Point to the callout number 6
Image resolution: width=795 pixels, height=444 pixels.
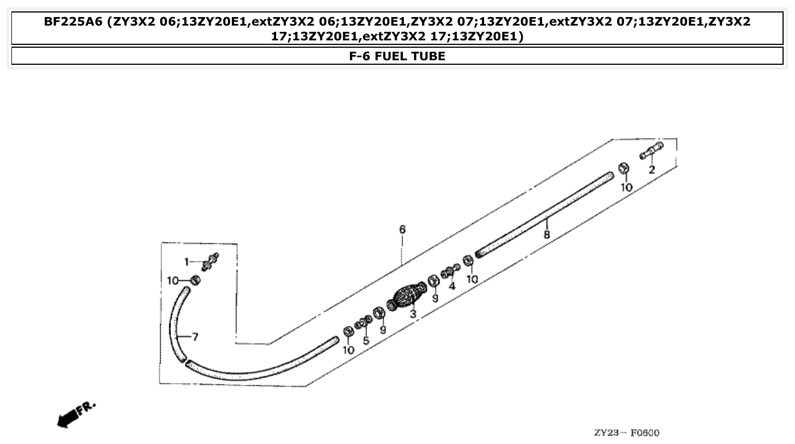402,230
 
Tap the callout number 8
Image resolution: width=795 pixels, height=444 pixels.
547,234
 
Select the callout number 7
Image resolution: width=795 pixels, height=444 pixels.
194,337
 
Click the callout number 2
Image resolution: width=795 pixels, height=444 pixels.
652,169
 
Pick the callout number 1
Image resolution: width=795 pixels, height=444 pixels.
186,262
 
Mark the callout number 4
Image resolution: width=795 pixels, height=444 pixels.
452,286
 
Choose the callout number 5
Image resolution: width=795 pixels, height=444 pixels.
366,341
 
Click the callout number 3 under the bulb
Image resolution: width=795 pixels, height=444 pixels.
413,314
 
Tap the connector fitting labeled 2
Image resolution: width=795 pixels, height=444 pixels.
652,151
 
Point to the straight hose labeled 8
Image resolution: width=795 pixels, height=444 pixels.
546,215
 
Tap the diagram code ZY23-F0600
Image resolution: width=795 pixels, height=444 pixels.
627,433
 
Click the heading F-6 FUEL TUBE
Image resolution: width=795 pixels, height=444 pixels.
397,56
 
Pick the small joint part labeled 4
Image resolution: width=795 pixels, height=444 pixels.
449,271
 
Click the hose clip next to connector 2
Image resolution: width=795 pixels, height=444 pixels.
623,168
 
